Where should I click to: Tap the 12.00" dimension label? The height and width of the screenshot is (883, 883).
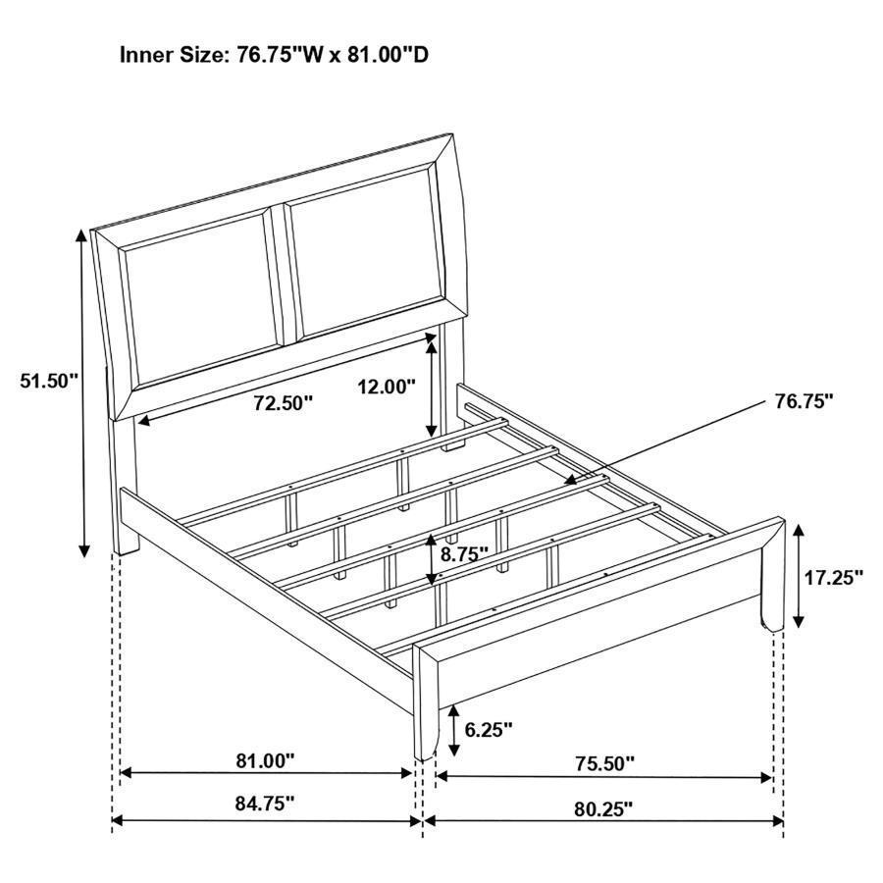pyautogui.click(x=387, y=387)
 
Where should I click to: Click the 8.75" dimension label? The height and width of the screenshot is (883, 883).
pyautogui.click(x=465, y=553)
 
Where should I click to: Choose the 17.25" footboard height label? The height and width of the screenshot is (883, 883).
pyautogui.click(x=833, y=577)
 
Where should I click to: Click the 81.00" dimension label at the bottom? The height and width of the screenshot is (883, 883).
pyautogui.click(x=265, y=760)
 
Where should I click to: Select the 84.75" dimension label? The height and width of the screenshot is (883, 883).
pyautogui.click(x=265, y=804)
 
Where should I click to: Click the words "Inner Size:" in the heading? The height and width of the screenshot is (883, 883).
pyautogui.click(x=176, y=54)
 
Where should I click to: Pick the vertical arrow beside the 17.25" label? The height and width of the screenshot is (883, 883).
pyautogui.click(x=800, y=576)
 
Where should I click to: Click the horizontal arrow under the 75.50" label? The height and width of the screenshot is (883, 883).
pyautogui.click(x=603, y=777)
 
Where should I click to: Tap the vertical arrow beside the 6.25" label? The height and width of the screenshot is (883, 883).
pyautogui.click(x=453, y=732)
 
